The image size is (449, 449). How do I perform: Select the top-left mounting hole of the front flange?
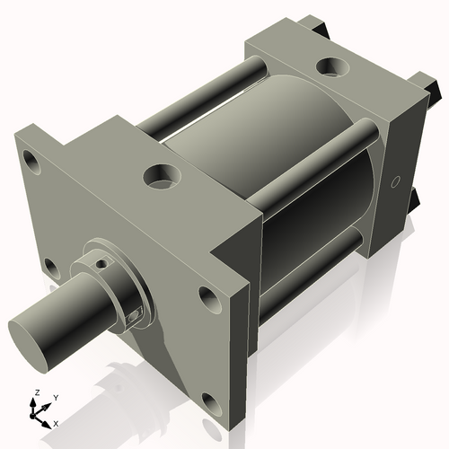coord(32,163)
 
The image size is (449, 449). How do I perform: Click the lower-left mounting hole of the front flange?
coord(51,267)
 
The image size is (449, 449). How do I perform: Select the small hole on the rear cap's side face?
coord(395,182)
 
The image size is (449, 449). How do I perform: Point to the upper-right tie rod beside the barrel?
coord(314,156)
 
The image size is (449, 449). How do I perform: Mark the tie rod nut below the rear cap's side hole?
coord(415,199)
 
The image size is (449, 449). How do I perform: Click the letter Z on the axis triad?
coord(36,392)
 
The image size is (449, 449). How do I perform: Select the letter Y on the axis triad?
coord(55,396)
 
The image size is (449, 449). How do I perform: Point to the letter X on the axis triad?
coord(56,422)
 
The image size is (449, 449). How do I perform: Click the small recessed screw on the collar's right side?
coord(135,315)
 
